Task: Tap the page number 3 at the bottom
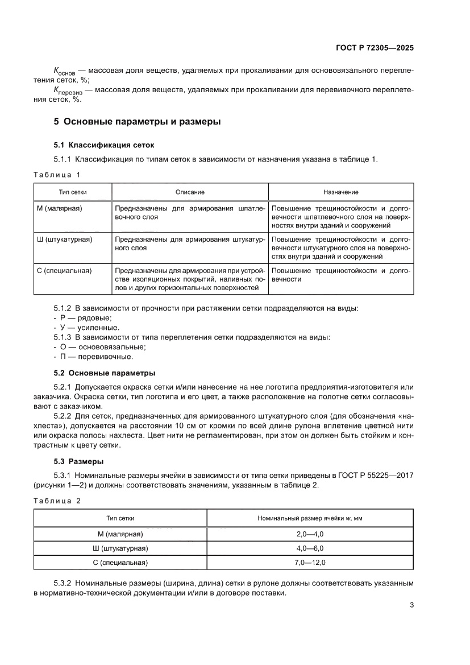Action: [411, 605]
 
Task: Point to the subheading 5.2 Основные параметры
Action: [104, 373]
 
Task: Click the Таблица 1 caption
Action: [57, 174]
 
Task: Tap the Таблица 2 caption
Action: [57, 501]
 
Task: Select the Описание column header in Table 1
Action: [190, 192]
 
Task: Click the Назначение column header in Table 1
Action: [341, 192]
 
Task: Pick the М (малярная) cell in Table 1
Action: [60, 209]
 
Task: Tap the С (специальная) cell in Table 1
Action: [64, 271]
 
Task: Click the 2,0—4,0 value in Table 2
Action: [310, 534]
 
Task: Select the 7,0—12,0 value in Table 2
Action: [310, 563]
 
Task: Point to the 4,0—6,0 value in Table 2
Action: [310, 548]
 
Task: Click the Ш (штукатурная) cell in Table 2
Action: [120, 548]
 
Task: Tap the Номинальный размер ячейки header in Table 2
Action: [310, 518]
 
